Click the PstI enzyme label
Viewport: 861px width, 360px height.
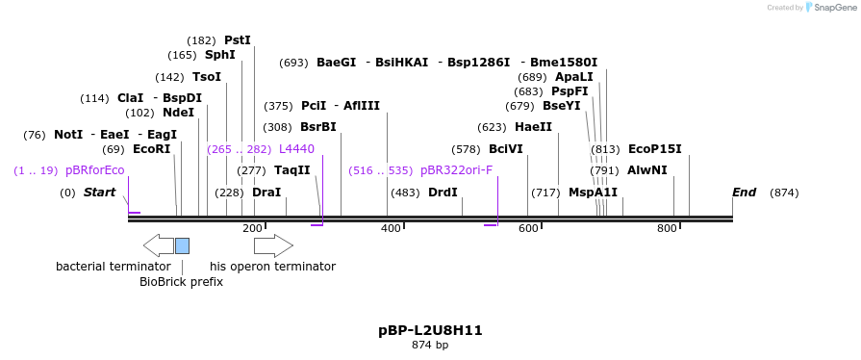point(237,40)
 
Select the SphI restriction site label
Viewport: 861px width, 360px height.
point(219,56)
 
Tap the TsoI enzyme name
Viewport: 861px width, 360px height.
point(206,77)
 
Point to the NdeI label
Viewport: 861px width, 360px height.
point(178,113)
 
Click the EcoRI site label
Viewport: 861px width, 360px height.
point(151,149)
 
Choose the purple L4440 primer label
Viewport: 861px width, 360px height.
point(296,149)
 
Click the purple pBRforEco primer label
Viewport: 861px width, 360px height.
point(94,170)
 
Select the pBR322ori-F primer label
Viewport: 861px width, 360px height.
point(456,170)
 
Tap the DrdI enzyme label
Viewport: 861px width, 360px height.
point(443,193)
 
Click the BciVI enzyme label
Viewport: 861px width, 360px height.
point(505,149)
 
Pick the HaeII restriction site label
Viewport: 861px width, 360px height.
point(533,127)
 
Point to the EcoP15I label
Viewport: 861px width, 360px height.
point(654,149)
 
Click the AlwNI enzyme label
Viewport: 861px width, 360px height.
point(646,170)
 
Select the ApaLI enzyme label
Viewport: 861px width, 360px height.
point(574,77)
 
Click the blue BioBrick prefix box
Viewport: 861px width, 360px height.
point(182,245)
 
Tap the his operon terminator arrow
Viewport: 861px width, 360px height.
point(273,245)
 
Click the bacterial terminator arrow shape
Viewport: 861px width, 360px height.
point(158,245)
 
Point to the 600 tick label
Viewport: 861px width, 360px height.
point(528,228)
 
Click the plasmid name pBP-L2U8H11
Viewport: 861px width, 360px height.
point(430,330)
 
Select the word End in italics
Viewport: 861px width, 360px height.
point(744,193)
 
